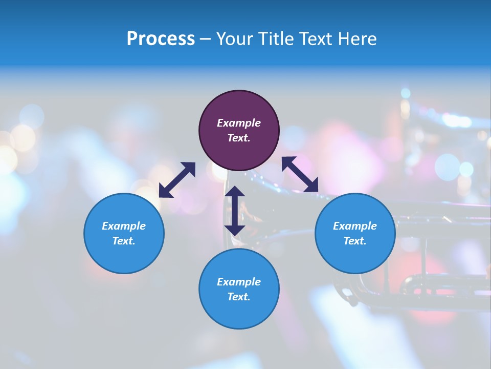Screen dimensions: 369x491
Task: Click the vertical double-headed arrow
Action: [x=235, y=211]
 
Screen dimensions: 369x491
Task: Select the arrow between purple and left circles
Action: [x=177, y=180]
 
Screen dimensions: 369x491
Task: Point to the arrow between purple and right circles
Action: [x=300, y=174]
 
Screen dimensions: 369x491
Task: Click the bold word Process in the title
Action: [x=161, y=39]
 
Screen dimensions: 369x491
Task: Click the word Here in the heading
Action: [x=359, y=39]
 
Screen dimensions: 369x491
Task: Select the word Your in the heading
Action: [x=235, y=39]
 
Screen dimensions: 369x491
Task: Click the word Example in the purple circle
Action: [x=239, y=123]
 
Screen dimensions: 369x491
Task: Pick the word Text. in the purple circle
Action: [x=239, y=138]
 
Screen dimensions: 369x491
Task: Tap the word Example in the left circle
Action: [x=124, y=226]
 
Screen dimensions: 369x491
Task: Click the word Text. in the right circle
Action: [x=355, y=241]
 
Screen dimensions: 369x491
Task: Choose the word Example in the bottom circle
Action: [x=239, y=282]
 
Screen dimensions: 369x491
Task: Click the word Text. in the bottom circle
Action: [x=239, y=297]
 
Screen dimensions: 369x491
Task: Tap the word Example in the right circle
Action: [x=355, y=226]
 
